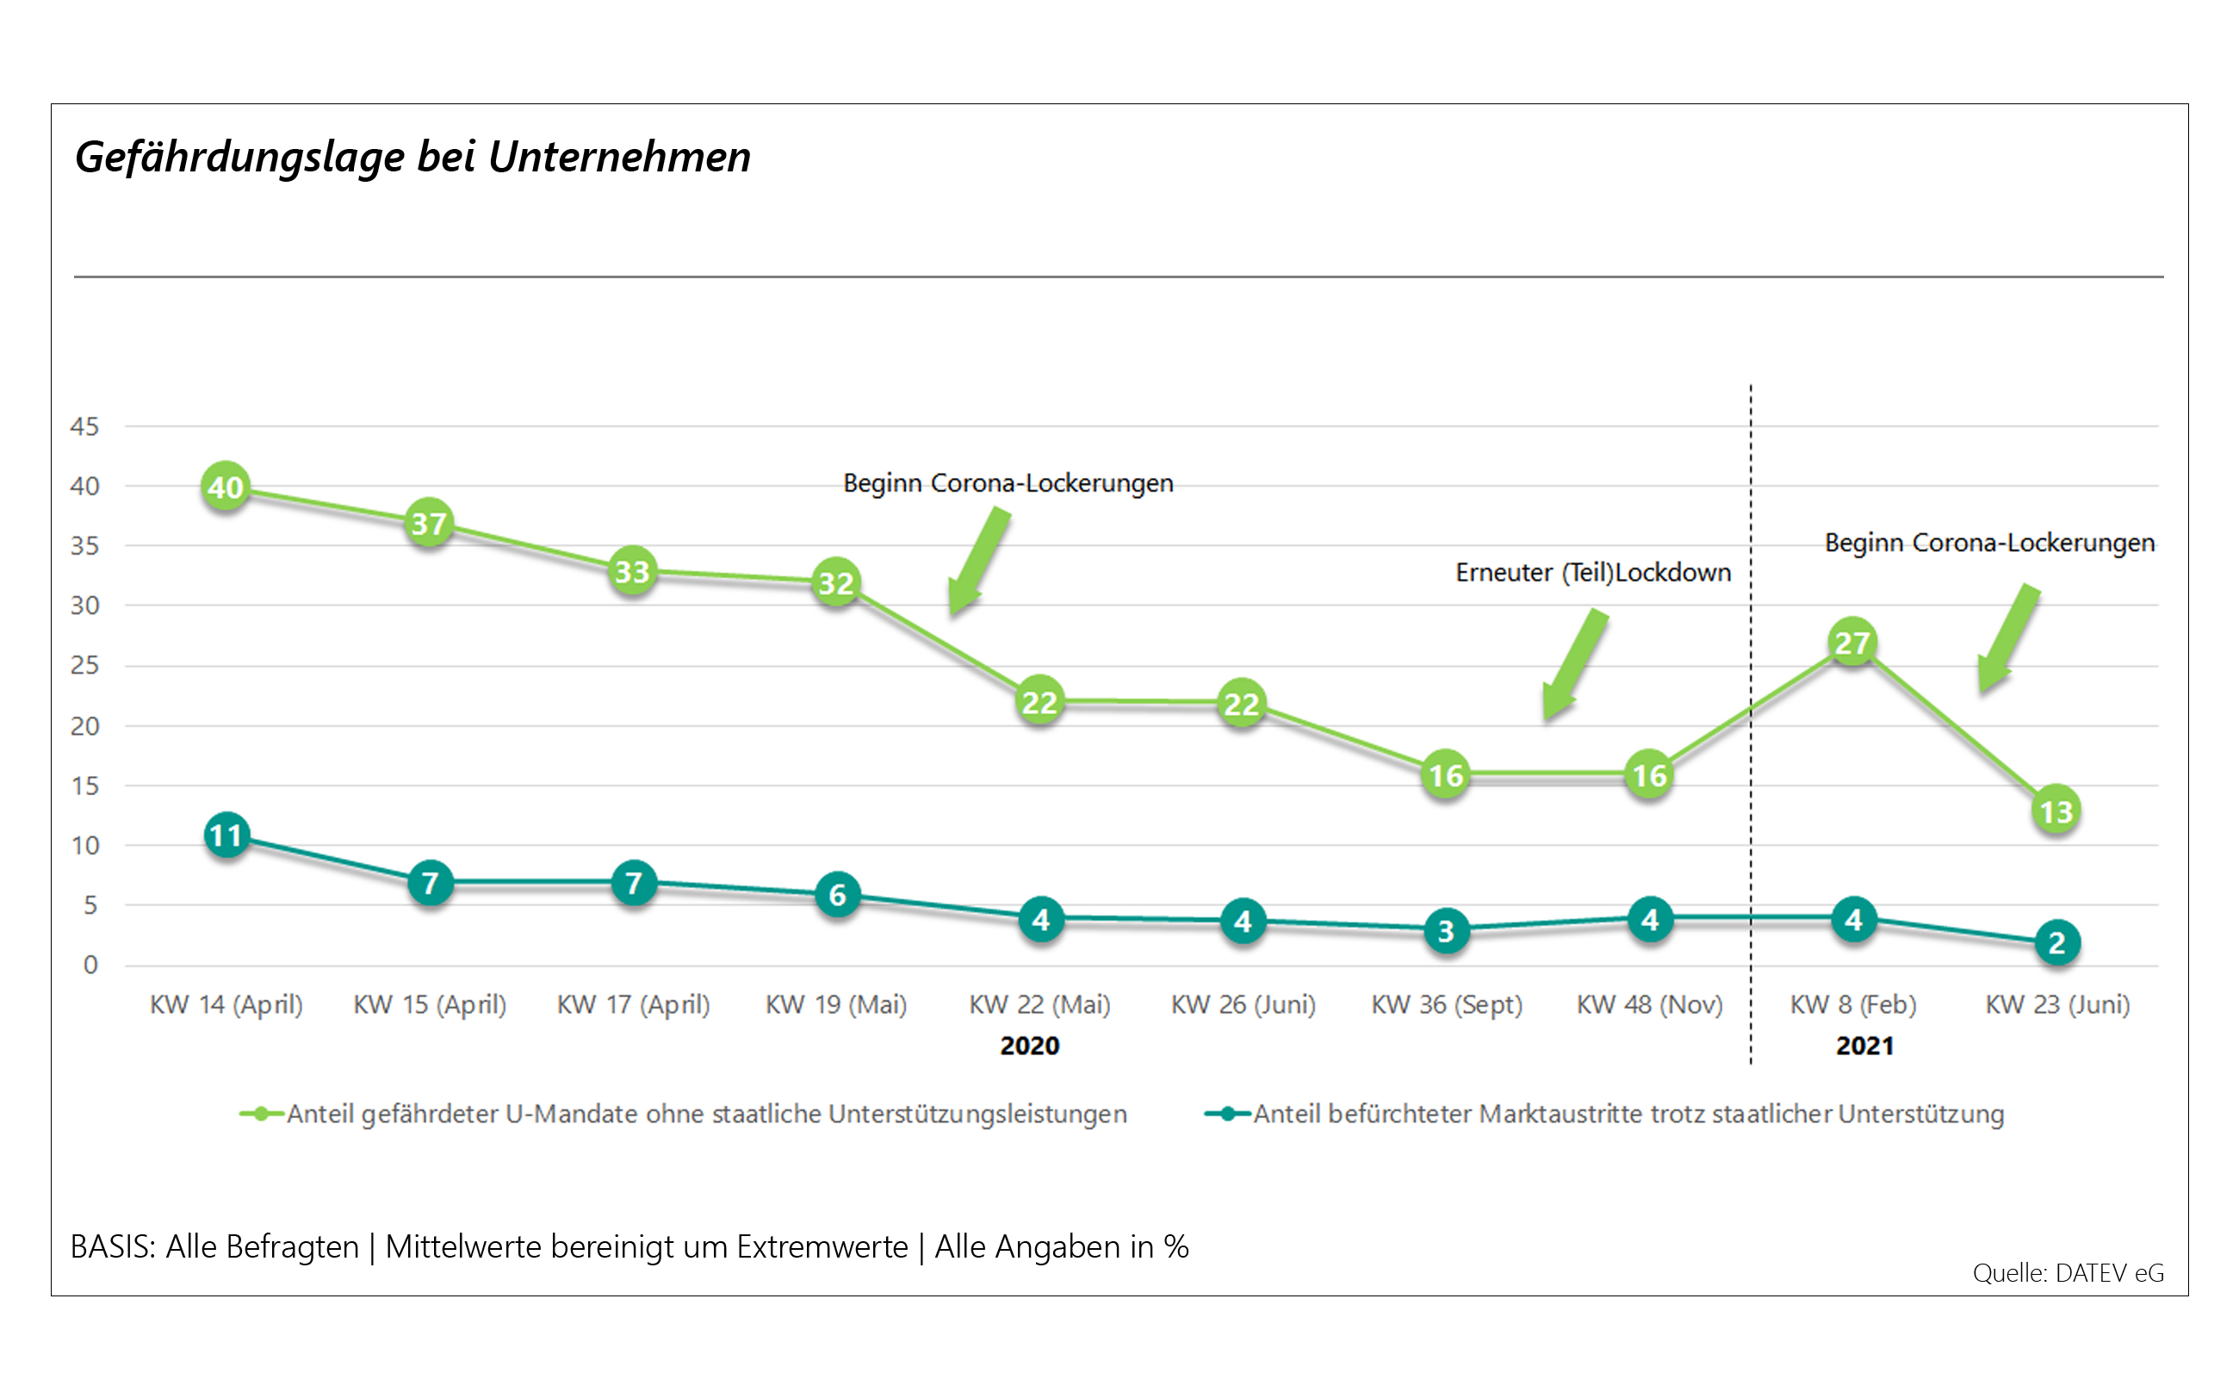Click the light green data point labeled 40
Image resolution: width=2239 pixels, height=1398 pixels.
point(226,488)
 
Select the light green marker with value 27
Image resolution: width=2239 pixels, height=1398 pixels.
point(1852,643)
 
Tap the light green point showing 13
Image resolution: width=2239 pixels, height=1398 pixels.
point(2056,811)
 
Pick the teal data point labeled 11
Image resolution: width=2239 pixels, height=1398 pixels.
point(226,836)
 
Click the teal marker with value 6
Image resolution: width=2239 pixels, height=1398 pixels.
point(837,895)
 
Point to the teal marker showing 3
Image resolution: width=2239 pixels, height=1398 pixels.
point(1446,931)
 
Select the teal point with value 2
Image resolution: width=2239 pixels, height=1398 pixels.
point(2057,943)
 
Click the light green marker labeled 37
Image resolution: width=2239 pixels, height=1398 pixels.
point(429,524)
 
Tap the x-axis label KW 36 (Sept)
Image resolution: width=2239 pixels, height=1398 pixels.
point(1446,1004)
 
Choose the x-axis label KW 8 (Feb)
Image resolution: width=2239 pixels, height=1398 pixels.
point(1852,1004)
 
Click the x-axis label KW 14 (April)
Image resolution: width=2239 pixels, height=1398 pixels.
point(226,1004)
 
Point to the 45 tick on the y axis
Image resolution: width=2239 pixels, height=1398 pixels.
point(85,426)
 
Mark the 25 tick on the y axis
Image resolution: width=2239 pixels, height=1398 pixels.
point(85,666)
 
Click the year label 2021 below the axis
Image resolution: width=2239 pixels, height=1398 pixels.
point(1864,1046)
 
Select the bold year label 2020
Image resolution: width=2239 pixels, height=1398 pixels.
point(1029,1046)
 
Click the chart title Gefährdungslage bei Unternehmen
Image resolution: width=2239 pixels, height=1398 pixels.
point(412,156)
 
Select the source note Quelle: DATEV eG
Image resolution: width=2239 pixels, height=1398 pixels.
point(2067,1273)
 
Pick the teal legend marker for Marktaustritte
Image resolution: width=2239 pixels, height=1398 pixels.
point(1227,1114)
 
